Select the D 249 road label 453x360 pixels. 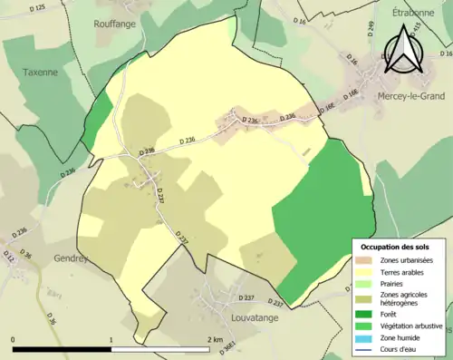(x=371, y=28)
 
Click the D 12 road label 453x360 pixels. (x=9, y=259)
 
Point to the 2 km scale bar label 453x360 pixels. (x=214, y=340)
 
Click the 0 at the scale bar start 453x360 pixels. (x=14, y=340)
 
